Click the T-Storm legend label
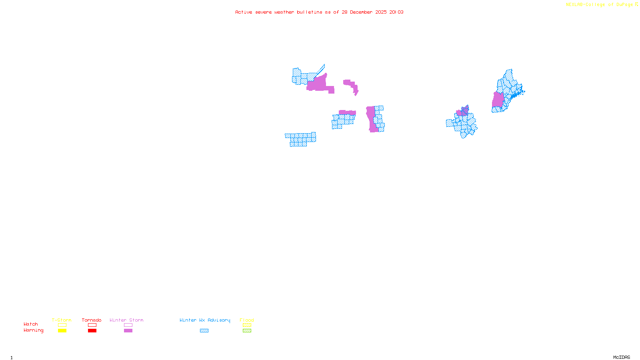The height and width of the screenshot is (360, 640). [x=62, y=320]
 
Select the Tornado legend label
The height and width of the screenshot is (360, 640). [x=92, y=320]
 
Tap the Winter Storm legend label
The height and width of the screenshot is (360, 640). [x=126, y=320]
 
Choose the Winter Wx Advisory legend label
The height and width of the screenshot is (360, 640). [x=205, y=320]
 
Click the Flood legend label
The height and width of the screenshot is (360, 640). [x=247, y=320]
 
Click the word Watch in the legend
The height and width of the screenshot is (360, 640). [x=31, y=324]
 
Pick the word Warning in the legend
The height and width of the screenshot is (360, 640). [x=33, y=330]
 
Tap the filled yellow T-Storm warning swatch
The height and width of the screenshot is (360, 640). [x=62, y=331]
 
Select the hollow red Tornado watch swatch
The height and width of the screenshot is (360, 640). [x=92, y=325]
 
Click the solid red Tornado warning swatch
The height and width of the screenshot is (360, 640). [x=92, y=331]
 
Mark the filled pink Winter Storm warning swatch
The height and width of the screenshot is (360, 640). [x=128, y=331]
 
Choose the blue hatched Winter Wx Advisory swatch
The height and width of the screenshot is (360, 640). [x=204, y=331]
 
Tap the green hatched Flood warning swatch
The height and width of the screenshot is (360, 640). [x=247, y=331]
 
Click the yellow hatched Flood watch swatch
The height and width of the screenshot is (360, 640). [x=247, y=325]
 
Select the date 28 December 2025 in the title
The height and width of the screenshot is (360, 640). [x=364, y=12]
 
